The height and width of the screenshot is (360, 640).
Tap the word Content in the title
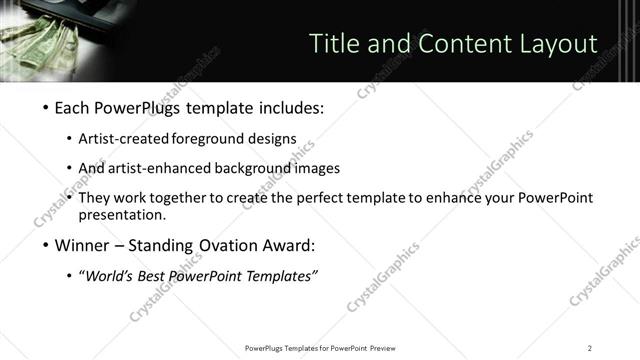[445, 44]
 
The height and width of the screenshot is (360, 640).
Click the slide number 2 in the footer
[590, 347]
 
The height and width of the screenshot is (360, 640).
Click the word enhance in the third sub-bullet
[433, 198]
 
